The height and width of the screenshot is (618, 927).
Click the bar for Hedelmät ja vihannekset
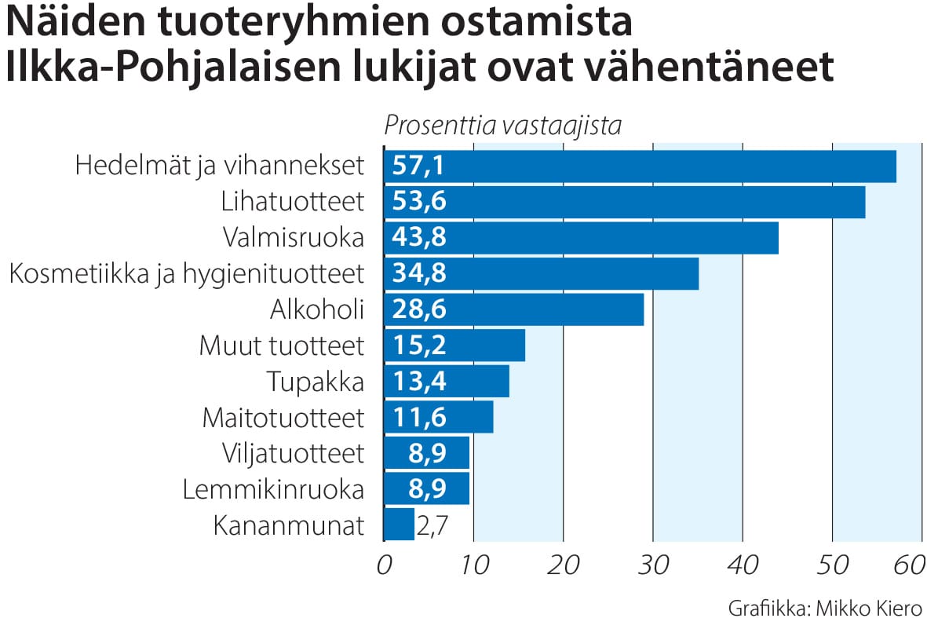pos(640,166)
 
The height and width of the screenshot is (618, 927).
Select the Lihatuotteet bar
pos(624,203)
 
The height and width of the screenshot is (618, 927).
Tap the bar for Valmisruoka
pos(581,238)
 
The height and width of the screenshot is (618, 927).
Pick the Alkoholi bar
pos(513,309)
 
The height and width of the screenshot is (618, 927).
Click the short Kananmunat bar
pos(399,525)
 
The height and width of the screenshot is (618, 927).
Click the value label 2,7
pos(433,525)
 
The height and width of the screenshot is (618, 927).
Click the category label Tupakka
pos(316,382)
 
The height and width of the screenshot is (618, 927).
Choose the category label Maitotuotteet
pos(283,418)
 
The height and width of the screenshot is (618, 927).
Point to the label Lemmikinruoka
pos(273,489)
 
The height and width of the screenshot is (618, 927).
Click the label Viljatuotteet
pos(294,453)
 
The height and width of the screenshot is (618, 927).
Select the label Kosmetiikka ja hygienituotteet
pos(186,274)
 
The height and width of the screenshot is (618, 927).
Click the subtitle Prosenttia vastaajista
pos(502,126)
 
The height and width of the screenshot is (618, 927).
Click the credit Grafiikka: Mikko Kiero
pos(824,607)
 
